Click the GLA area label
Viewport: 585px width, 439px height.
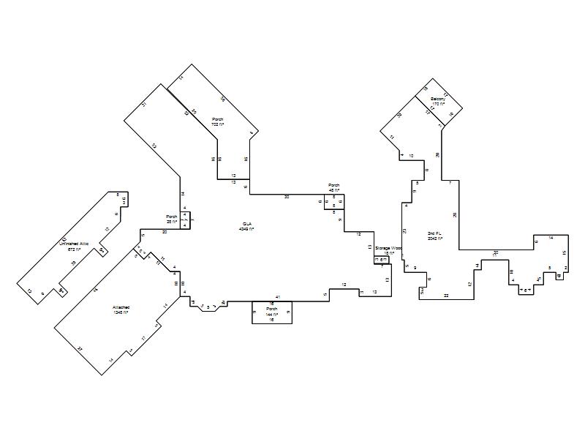pos(246,224)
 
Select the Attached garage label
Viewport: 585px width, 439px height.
pos(121,307)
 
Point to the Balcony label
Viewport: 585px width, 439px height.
pos(437,99)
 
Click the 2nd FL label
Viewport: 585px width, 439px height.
pos(435,233)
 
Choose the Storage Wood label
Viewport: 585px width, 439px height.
pos(389,248)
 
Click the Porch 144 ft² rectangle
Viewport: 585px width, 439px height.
pos(272,312)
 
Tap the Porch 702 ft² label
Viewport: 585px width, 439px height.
pos(218,119)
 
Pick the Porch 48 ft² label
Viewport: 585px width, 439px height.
pos(334,185)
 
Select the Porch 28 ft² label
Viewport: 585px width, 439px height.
pos(172,217)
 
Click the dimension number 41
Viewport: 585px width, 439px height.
pos(278,296)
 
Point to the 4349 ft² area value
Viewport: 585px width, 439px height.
pos(246,229)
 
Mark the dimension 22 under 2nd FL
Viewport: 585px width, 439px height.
pos(446,295)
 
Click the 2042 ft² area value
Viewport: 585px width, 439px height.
pos(435,239)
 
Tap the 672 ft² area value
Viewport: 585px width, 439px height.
pos(73,249)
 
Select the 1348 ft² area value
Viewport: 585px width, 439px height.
pos(121,312)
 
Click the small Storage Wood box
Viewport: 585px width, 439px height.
pos(382,260)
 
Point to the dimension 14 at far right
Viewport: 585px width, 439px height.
pos(551,238)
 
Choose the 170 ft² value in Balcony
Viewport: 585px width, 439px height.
pos(437,104)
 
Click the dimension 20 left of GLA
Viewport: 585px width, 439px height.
pos(165,232)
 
